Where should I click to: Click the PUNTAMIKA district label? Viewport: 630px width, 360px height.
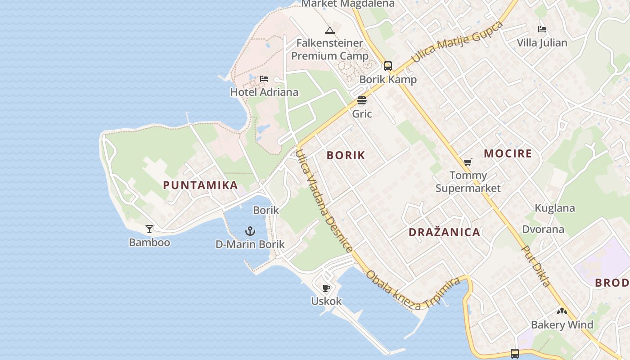(200, 185)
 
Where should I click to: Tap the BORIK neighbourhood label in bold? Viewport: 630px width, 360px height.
(346, 155)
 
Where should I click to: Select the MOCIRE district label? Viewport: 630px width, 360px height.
(508, 153)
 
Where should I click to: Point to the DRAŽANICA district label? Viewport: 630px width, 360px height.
(444, 232)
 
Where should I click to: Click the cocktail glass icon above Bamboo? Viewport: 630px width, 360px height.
(149, 229)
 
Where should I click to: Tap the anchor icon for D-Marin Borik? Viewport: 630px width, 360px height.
(250, 231)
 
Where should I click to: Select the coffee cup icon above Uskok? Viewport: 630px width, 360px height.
(326, 288)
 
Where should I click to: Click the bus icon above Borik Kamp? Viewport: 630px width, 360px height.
(388, 66)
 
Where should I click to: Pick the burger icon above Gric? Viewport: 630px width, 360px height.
(362, 100)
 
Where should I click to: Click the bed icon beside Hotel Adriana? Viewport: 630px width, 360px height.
(264, 79)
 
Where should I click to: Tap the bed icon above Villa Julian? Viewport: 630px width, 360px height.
(542, 29)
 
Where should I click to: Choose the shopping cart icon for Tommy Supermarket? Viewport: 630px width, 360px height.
(468, 162)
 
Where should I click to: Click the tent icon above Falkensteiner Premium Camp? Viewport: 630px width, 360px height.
(330, 31)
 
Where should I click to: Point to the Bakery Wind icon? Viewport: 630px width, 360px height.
(562, 311)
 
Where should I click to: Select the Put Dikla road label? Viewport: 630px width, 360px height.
(536, 266)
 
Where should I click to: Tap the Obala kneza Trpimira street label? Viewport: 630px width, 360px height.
(413, 291)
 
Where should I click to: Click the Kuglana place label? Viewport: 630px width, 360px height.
(554, 208)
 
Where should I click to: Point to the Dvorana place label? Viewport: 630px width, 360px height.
(543, 229)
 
